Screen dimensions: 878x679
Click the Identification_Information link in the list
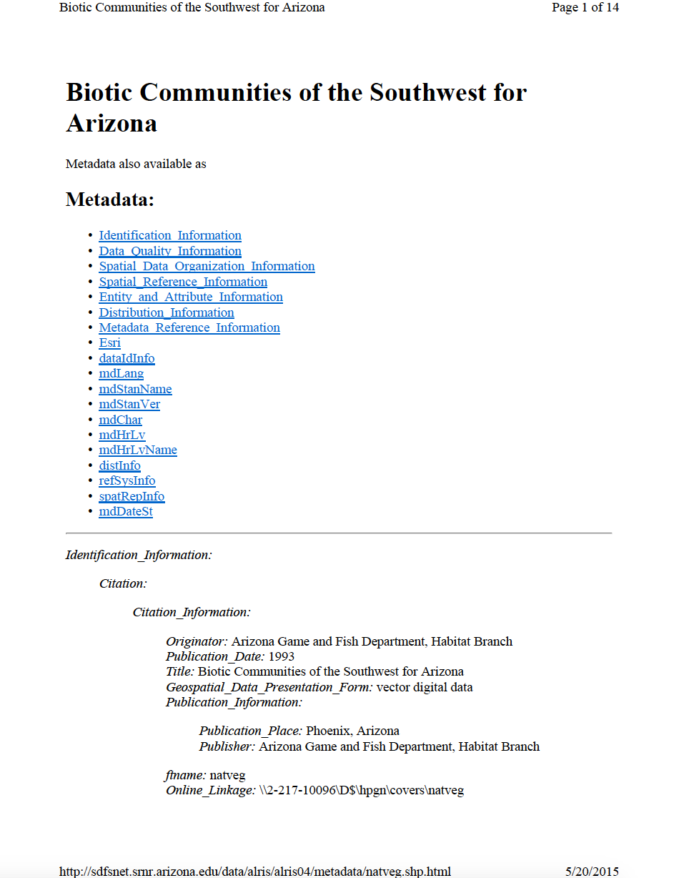point(170,235)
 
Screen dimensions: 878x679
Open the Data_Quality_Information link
point(170,251)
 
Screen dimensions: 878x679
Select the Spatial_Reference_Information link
point(183,282)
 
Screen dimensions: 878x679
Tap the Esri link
point(109,342)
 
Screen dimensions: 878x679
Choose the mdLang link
point(121,373)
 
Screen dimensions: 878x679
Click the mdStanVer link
point(129,404)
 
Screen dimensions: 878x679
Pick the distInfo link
point(119,465)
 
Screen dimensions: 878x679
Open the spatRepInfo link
point(132,496)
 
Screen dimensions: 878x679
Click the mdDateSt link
point(126,511)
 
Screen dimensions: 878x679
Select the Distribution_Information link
point(167,312)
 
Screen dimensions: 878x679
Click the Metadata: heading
point(110,199)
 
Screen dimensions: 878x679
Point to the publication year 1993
point(282,656)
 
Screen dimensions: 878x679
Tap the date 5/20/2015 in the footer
point(592,871)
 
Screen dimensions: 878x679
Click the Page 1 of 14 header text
point(585,8)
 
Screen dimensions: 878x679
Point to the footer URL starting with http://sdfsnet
point(254,871)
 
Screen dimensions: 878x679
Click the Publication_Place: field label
point(251,731)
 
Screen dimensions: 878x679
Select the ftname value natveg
point(227,774)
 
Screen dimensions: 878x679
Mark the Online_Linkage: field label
point(211,790)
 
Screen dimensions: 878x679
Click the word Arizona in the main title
point(111,123)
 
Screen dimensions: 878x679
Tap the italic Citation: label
point(123,583)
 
